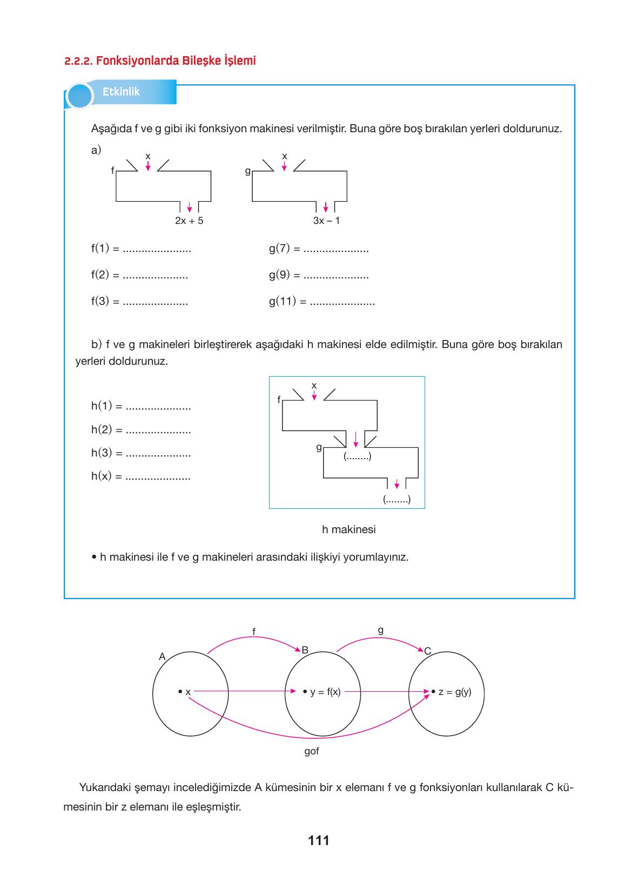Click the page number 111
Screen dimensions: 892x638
tap(319, 840)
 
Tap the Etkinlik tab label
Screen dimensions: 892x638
tap(121, 92)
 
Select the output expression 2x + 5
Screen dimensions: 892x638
tap(189, 221)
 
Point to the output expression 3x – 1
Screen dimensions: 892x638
tap(326, 221)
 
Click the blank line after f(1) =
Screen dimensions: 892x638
tap(157, 250)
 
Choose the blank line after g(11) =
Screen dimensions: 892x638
tap(342, 302)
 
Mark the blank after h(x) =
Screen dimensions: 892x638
tap(158, 478)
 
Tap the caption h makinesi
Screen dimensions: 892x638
tap(348, 529)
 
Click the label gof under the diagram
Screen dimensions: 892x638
tap(312, 751)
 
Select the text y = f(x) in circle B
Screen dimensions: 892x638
tap(325, 692)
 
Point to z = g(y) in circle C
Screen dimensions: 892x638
tap(454, 692)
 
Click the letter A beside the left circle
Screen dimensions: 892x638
tap(162, 656)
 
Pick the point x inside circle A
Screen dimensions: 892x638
tap(180, 692)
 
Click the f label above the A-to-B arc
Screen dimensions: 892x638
tap(254, 631)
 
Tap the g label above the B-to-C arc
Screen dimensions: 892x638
tap(381, 630)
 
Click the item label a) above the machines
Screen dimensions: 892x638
tap(96, 151)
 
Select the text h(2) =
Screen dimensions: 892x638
tap(106, 430)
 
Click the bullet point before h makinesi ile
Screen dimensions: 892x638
tap(94, 557)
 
